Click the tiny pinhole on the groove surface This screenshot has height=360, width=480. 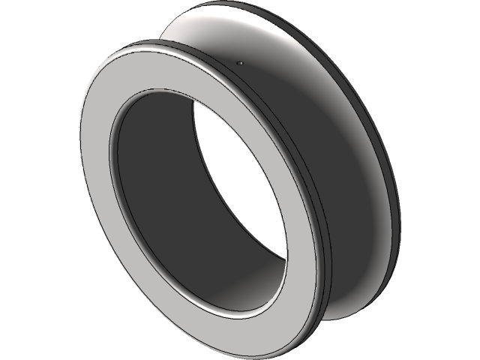239,64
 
